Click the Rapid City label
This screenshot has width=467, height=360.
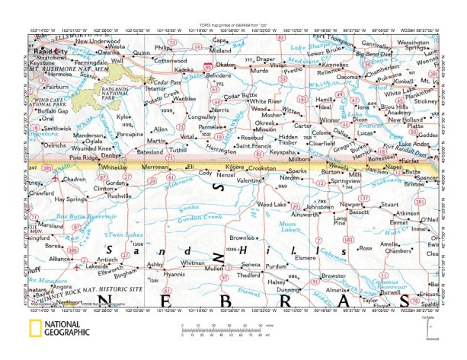[x=51, y=50]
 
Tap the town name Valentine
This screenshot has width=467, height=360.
[x=249, y=180]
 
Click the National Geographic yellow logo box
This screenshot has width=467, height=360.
[x=36, y=330]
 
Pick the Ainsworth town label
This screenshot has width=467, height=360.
[x=300, y=215]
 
